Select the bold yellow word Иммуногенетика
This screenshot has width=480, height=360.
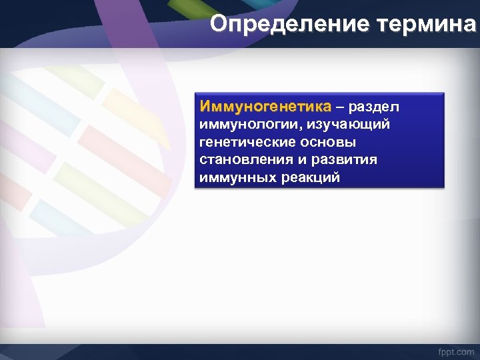265,107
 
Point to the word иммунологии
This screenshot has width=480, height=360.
249,125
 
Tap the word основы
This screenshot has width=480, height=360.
331,143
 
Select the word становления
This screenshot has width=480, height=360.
245,160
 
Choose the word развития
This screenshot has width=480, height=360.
345,160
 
